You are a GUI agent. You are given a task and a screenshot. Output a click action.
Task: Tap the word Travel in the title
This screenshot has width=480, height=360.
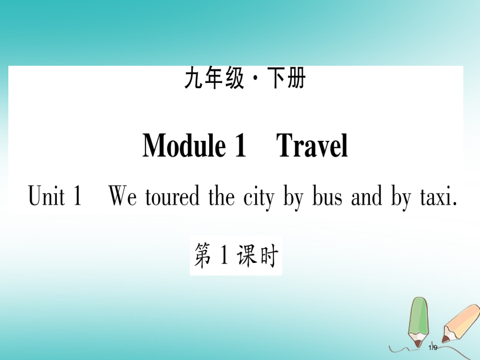coord(312,146)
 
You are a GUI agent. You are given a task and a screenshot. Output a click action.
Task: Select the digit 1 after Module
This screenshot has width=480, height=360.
coord(238,146)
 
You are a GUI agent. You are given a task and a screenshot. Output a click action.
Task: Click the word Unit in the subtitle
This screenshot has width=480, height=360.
coord(46,197)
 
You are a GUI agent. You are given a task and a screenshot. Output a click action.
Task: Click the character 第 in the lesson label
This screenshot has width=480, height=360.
coord(204,257)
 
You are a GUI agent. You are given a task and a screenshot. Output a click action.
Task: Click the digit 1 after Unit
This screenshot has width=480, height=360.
coord(77,197)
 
